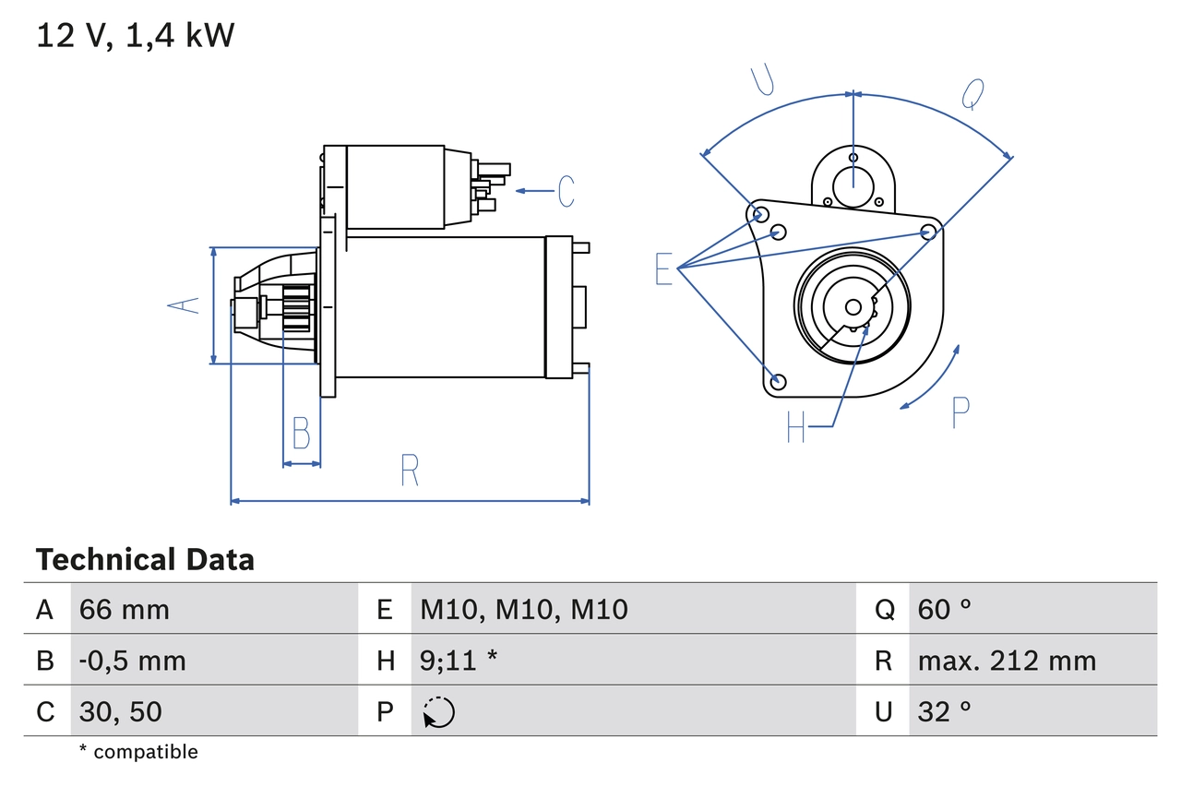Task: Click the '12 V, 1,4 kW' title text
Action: (136, 36)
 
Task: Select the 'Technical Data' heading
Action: (145, 559)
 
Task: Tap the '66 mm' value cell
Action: (125, 609)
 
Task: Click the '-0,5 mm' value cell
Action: (133, 661)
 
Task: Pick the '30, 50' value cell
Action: (121, 711)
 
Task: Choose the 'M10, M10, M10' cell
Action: (524, 609)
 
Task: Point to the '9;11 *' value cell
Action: (459, 661)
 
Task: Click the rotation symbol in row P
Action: (438, 712)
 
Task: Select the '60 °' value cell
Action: (945, 609)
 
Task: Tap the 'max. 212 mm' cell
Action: (1007, 661)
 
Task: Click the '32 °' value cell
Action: (945, 711)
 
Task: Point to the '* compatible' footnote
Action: (138, 752)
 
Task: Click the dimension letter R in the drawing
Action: (410, 471)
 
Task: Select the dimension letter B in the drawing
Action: (301, 434)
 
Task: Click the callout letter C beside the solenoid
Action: (566, 191)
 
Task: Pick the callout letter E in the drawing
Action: (664, 268)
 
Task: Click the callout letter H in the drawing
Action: (796, 426)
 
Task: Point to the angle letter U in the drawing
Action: (761, 80)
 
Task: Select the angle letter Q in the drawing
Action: (972, 93)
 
